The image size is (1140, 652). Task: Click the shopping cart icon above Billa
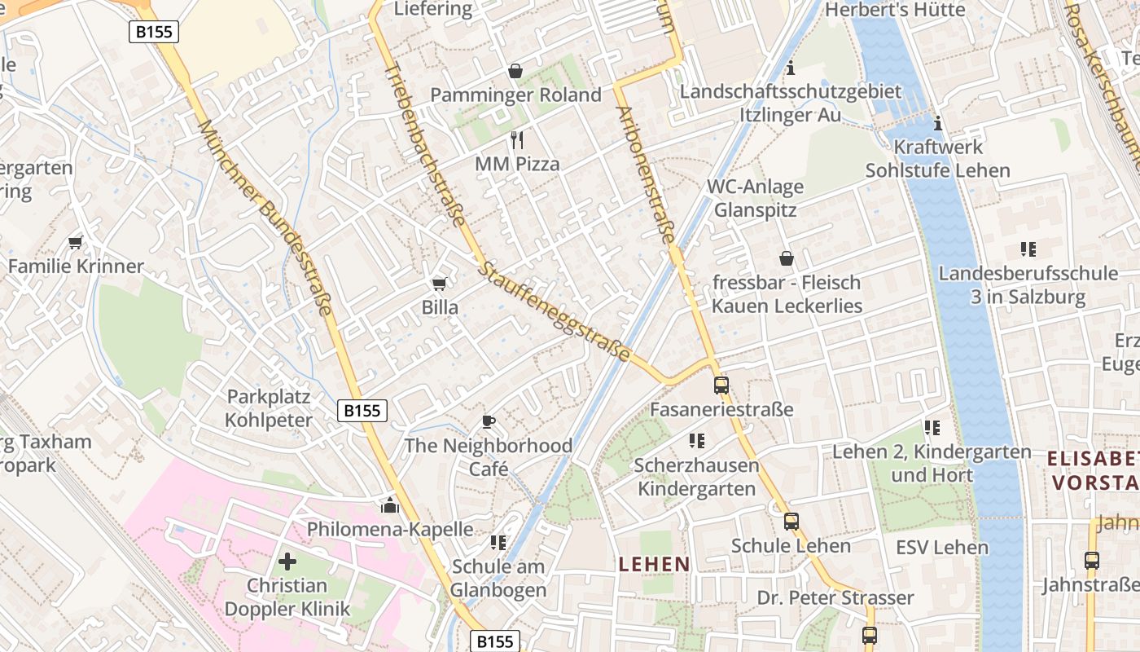click(x=439, y=284)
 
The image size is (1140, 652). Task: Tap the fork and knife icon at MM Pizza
click(x=516, y=139)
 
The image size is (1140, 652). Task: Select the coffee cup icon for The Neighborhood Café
click(x=488, y=421)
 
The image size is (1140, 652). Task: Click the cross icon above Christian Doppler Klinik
click(x=287, y=561)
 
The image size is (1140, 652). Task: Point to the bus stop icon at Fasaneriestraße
click(x=721, y=385)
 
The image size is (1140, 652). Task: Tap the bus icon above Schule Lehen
click(x=791, y=522)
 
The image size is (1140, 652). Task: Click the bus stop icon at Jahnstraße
click(x=1091, y=561)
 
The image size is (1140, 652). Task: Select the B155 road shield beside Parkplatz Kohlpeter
click(x=362, y=411)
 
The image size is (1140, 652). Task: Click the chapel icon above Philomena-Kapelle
click(x=389, y=505)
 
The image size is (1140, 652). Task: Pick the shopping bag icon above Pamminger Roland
click(x=515, y=71)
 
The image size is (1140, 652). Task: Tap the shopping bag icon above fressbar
click(x=786, y=258)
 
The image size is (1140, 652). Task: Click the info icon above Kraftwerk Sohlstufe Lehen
click(x=937, y=123)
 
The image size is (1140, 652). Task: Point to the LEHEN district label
click(x=654, y=564)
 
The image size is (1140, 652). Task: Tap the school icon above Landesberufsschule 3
click(x=1028, y=249)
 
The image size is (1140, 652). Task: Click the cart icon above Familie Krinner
click(x=76, y=242)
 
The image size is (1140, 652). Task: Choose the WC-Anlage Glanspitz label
click(x=755, y=198)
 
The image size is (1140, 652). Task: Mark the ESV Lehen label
click(x=942, y=547)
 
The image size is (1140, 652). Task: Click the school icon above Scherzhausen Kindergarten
click(x=696, y=441)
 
